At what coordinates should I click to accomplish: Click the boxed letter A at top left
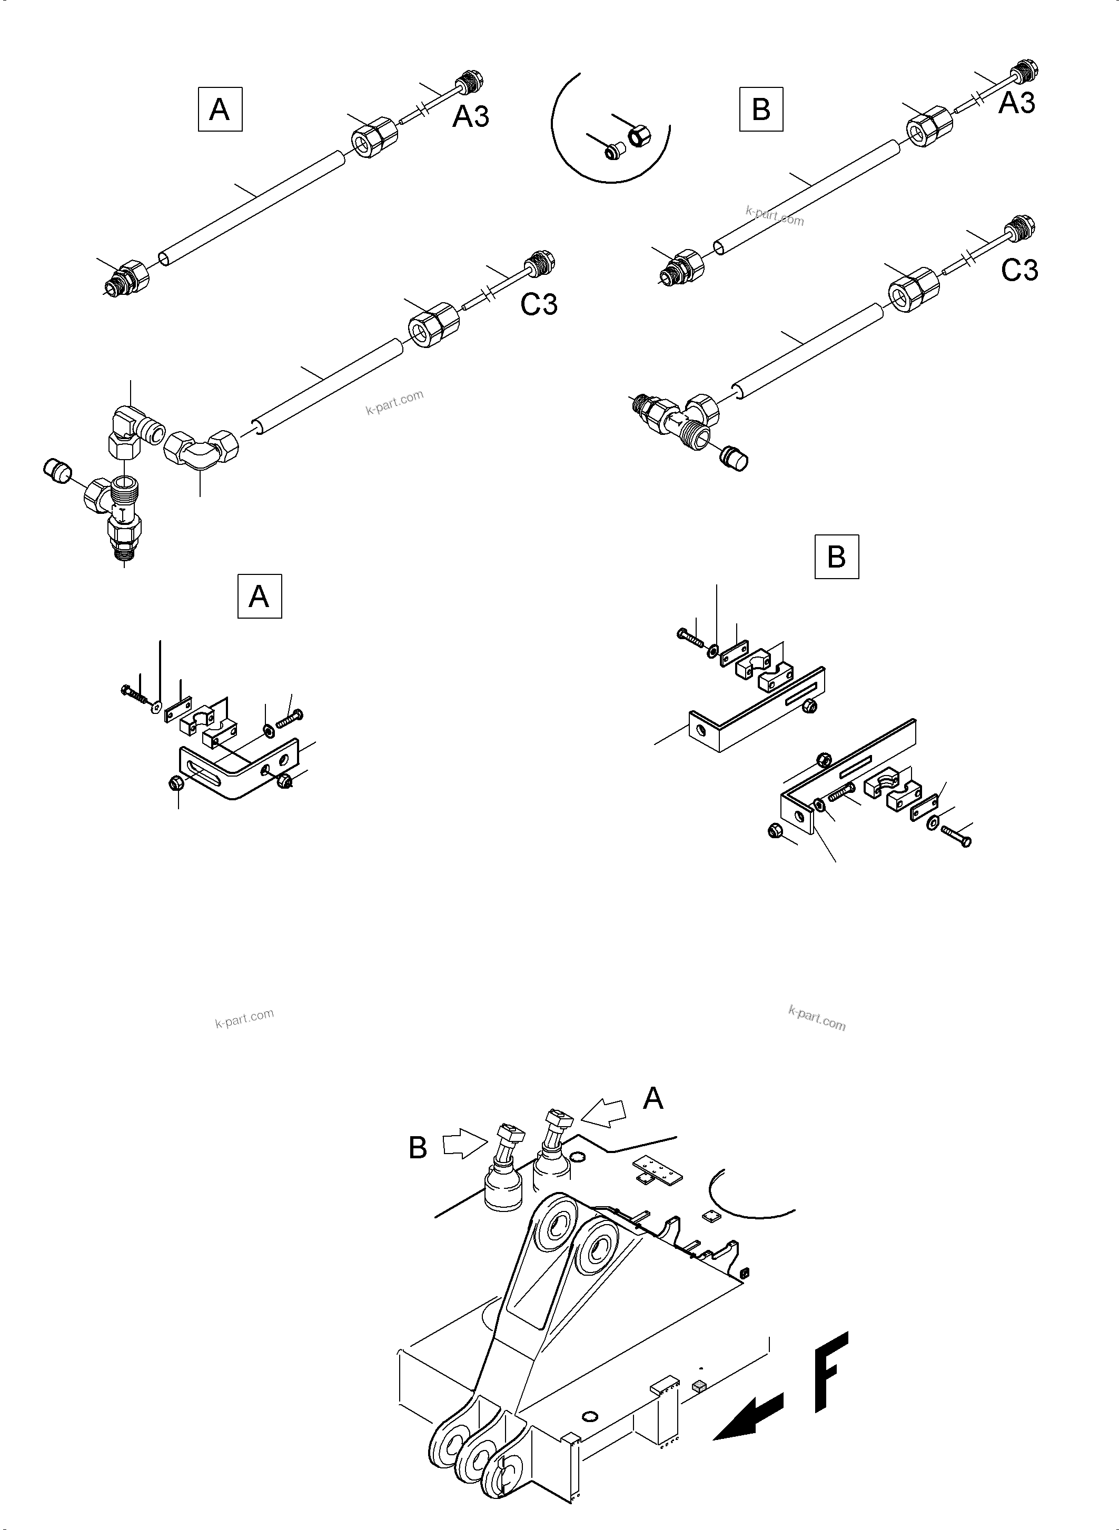[220, 109]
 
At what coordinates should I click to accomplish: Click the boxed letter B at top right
[761, 109]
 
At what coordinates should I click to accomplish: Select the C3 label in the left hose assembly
[539, 305]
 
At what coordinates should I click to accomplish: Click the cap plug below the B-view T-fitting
[734, 459]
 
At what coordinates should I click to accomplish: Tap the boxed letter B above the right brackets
[837, 557]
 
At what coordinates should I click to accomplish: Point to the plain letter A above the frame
[652, 1099]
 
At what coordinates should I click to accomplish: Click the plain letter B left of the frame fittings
[418, 1147]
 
